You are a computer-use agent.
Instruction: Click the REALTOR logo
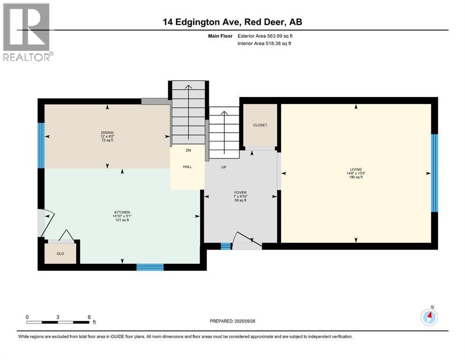coord(27,32)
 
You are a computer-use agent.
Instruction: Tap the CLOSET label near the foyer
coord(260,125)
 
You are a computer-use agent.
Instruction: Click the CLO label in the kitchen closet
coord(60,254)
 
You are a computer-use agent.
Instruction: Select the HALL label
coord(187,167)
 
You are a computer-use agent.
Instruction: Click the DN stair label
coord(188,150)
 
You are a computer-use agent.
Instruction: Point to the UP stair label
coord(224,167)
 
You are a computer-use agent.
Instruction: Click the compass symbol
coord(429,317)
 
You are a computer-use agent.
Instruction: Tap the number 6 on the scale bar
coord(89,317)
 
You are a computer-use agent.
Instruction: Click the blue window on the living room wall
coord(434,173)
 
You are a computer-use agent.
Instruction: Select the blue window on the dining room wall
coord(41,145)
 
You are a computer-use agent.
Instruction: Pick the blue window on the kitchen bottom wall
coord(150,267)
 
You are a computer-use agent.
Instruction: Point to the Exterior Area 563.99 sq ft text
coord(265,36)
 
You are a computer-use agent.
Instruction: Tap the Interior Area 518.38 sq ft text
coord(264,44)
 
